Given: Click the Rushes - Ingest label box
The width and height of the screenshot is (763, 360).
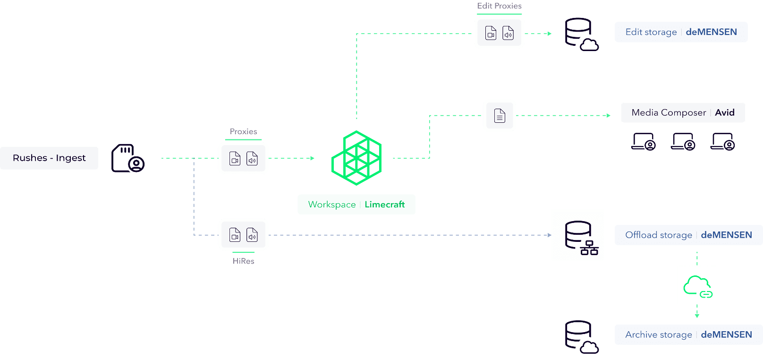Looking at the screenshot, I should tap(49, 158).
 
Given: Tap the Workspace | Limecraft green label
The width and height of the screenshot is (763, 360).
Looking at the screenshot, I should tap(356, 205).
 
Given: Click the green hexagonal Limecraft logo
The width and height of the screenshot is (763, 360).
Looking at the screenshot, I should tap(356, 158).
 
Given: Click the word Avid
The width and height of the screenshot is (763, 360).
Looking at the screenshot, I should tap(725, 112).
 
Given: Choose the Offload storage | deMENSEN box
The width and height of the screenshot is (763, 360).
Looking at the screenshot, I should tap(688, 235).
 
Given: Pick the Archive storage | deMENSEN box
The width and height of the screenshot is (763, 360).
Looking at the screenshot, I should tap(688, 334).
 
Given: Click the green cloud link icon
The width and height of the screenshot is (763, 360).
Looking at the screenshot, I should tap(697, 285).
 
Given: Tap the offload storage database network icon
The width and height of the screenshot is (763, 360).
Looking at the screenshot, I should tap(578, 235).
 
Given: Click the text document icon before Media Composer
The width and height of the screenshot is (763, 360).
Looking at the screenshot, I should tap(500, 115).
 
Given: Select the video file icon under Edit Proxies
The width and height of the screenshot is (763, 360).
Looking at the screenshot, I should tap(491, 33).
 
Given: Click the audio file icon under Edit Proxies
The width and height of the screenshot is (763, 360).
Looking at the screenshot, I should tap(508, 33).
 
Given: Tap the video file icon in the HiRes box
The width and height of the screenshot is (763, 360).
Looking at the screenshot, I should tap(235, 234).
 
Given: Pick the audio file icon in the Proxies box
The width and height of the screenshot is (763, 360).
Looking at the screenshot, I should tap(252, 158).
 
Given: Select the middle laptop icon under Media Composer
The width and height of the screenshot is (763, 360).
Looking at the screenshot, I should tap(683, 141).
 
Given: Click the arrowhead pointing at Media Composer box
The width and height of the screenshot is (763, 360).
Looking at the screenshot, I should tap(609, 115).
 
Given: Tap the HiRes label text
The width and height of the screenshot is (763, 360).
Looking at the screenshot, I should tap(244, 261).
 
